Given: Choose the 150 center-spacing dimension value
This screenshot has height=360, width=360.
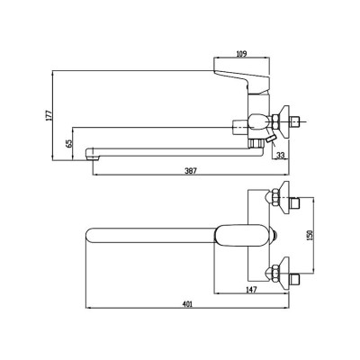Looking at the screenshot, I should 310,235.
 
